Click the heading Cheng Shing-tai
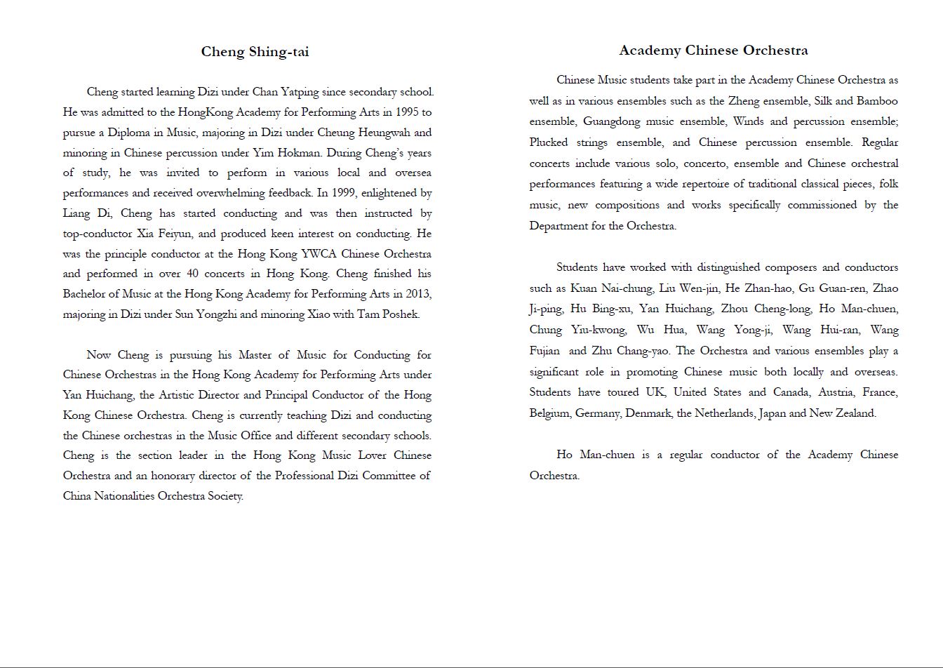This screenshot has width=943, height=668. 255,51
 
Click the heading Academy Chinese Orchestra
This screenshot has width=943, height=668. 713,50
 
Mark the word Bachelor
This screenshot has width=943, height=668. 86,294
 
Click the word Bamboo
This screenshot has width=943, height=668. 877,101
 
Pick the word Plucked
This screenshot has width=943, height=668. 549,142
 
